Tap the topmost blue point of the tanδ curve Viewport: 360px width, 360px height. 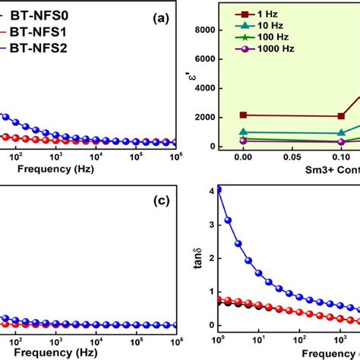coord(219,190)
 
